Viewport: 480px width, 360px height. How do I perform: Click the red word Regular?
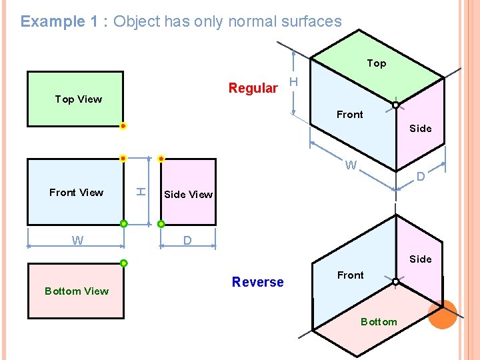coord(253,88)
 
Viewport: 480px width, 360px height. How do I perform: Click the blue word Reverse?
coord(257,282)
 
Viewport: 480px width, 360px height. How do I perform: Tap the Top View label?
coord(79,99)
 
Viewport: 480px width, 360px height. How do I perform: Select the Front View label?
coord(76,193)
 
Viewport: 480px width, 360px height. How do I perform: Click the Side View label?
coord(188,195)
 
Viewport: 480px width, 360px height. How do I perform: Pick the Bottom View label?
coord(76,291)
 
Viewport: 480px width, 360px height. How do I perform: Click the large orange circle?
coord(442,314)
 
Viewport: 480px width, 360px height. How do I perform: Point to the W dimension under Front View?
coord(77,241)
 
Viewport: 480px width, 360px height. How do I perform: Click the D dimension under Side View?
coord(187,240)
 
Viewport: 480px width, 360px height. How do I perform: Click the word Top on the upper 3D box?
coord(376,63)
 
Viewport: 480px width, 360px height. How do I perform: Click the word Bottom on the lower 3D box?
coord(378,322)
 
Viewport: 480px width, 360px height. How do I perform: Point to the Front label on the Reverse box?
coord(350,275)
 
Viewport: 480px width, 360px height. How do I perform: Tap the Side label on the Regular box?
coord(420,129)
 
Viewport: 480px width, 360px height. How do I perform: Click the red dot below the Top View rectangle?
coord(123,126)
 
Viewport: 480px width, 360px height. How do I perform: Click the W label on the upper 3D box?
coord(351,165)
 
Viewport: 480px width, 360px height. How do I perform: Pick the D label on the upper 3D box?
coord(421,177)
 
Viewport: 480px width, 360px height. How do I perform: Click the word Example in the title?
coord(53,21)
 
